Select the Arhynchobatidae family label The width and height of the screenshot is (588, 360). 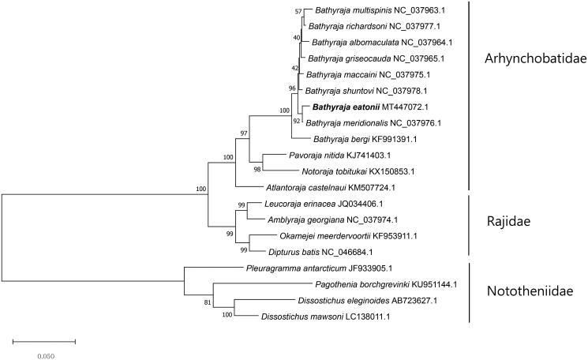(530, 59)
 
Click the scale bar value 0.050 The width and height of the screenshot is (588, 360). (46, 354)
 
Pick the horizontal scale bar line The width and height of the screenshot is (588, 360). (44, 341)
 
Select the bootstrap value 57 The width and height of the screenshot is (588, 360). (298, 12)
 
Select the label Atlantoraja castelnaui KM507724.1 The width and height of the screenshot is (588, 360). (331, 188)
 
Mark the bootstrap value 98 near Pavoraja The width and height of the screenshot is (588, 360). (257, 169)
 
